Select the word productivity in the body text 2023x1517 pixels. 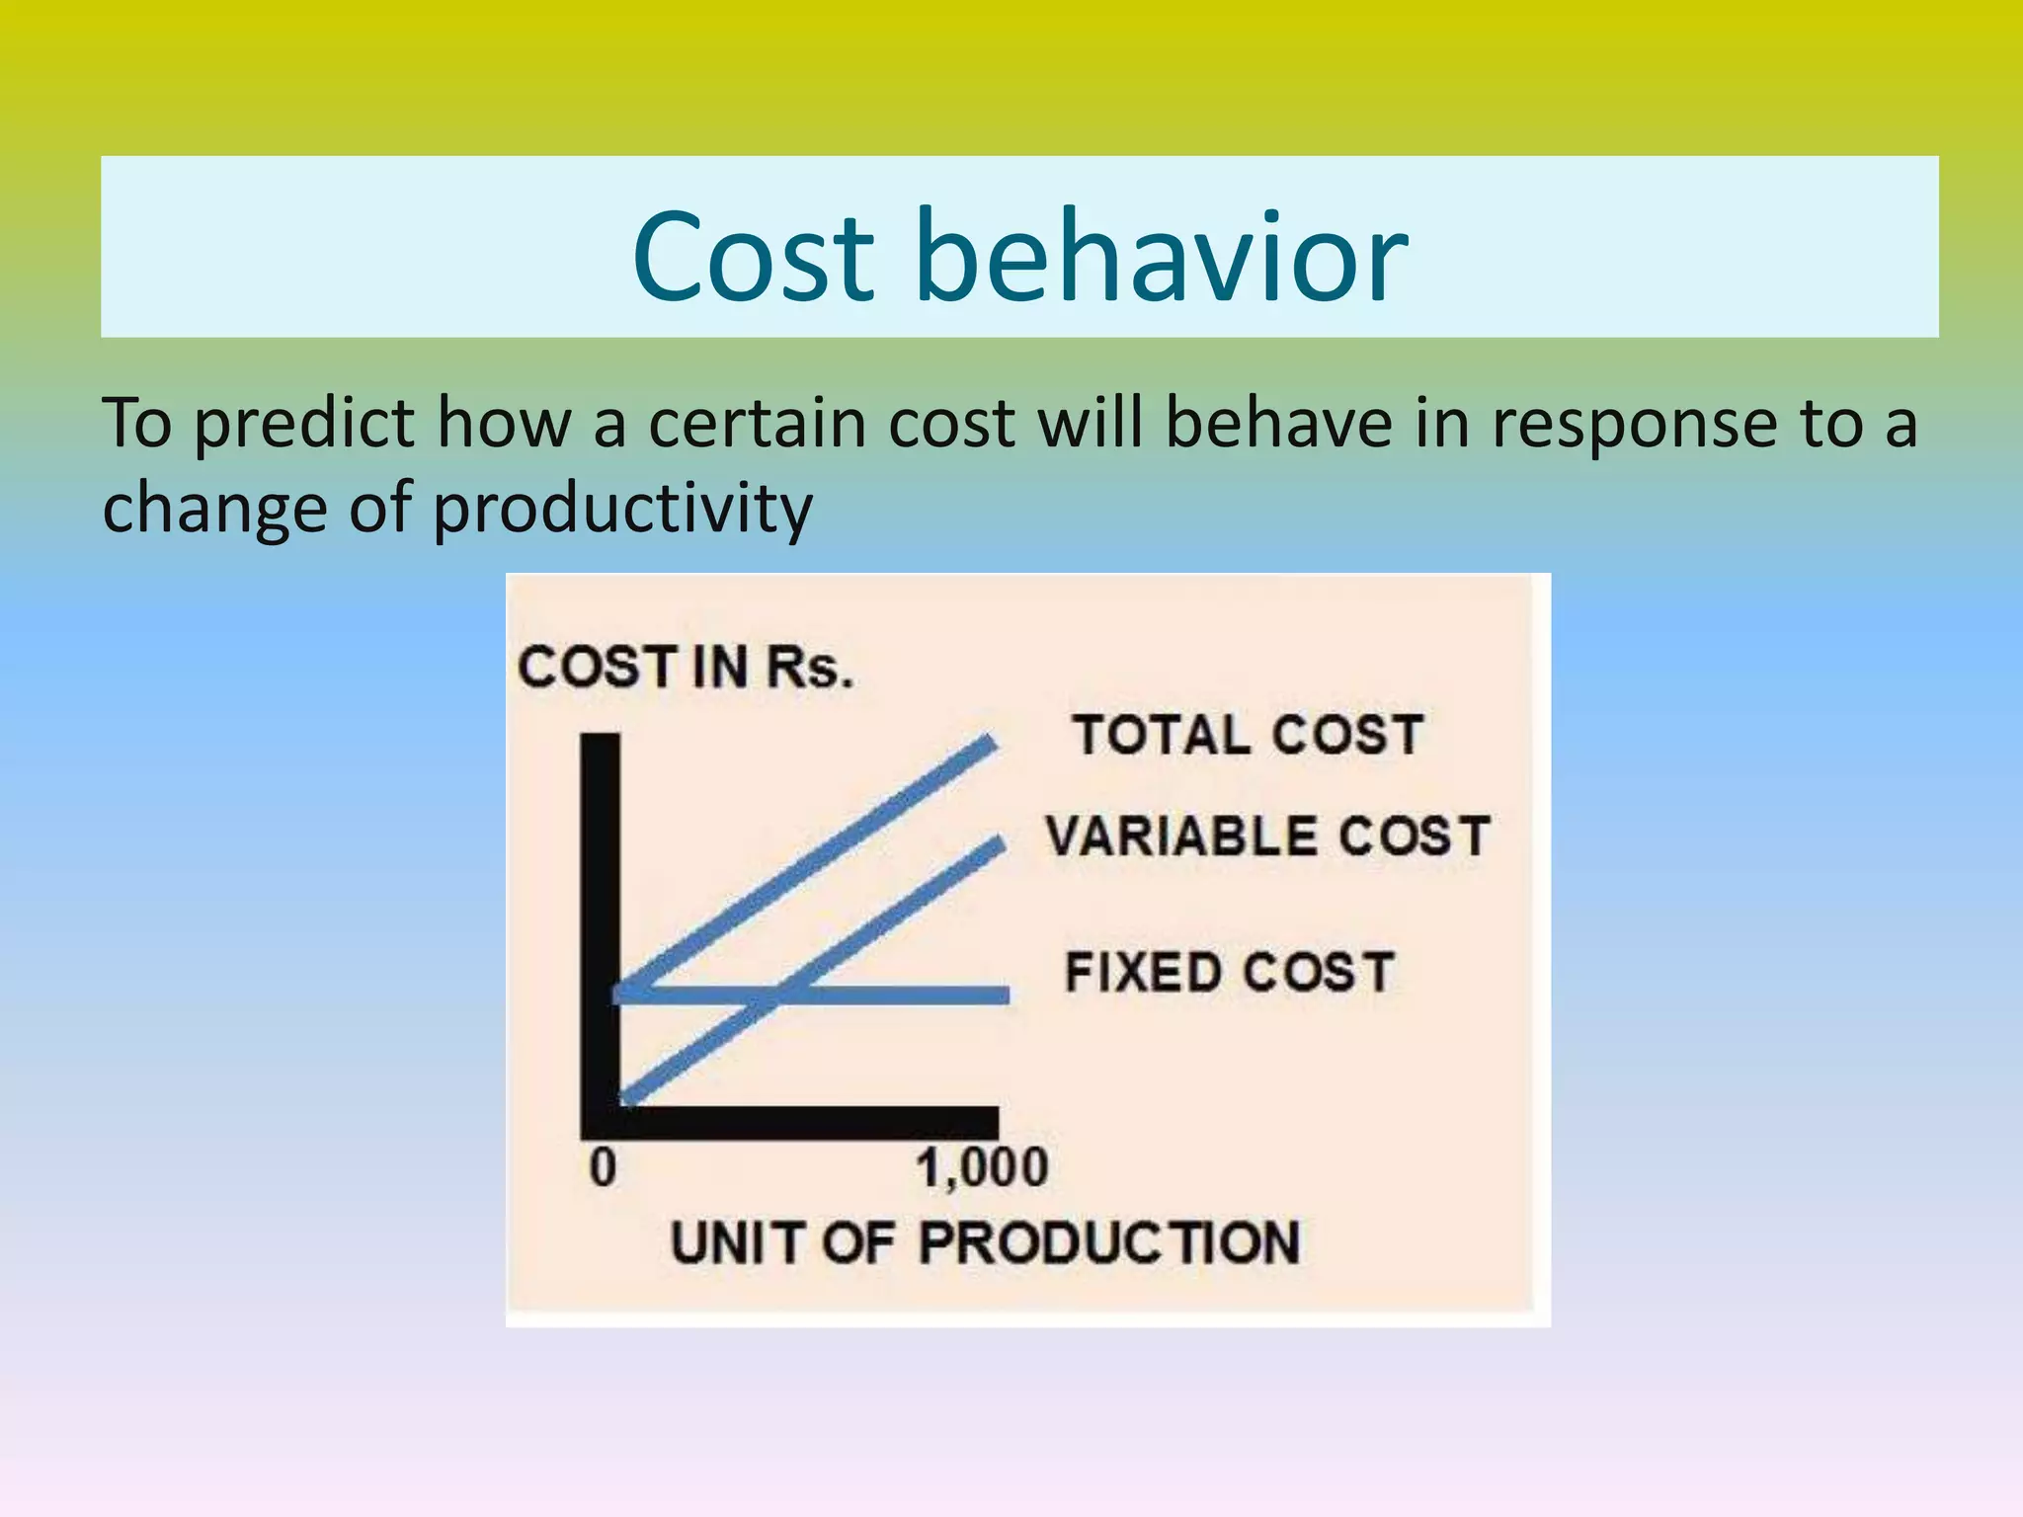coord(622,510)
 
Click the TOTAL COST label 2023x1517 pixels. coord(1249,736)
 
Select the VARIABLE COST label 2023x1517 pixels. coord(1267,837)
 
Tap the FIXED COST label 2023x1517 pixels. coord(1230,972)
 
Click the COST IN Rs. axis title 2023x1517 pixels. coord(685,668)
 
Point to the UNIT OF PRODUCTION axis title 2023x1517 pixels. coord(985,1242)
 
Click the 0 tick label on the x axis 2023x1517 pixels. coord(603,1168)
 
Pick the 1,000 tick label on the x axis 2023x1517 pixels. coord(982,1168)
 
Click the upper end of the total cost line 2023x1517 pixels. coord(991,743)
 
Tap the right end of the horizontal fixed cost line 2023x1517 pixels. coord(1005,995)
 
